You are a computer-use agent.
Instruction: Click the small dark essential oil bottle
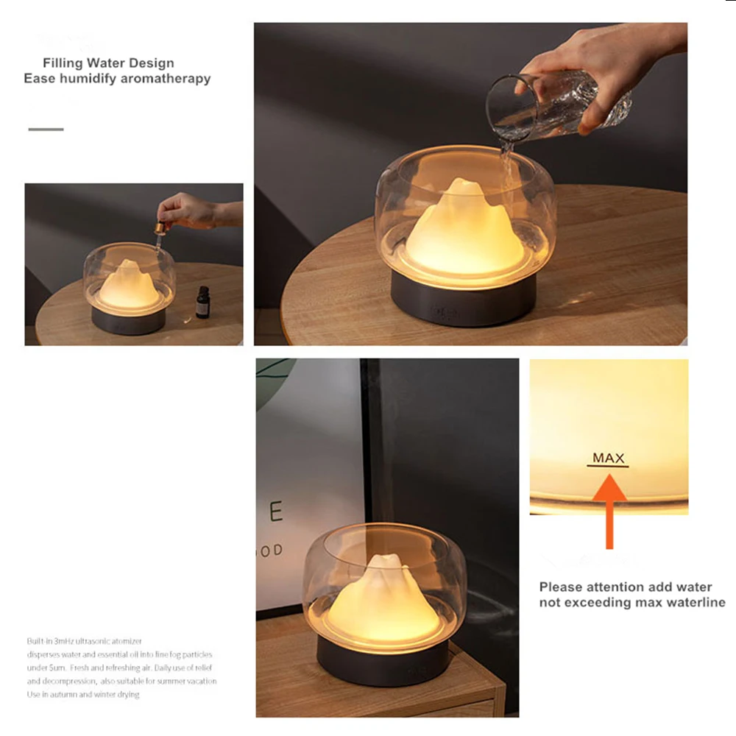point(202,302)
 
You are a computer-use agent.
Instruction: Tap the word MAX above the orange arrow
point(609,458)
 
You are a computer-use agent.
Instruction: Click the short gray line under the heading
point(46,130)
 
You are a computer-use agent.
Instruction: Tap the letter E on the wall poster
point(276,511)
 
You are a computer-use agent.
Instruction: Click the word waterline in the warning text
point(696,602)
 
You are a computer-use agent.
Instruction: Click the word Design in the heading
point(152,63)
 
